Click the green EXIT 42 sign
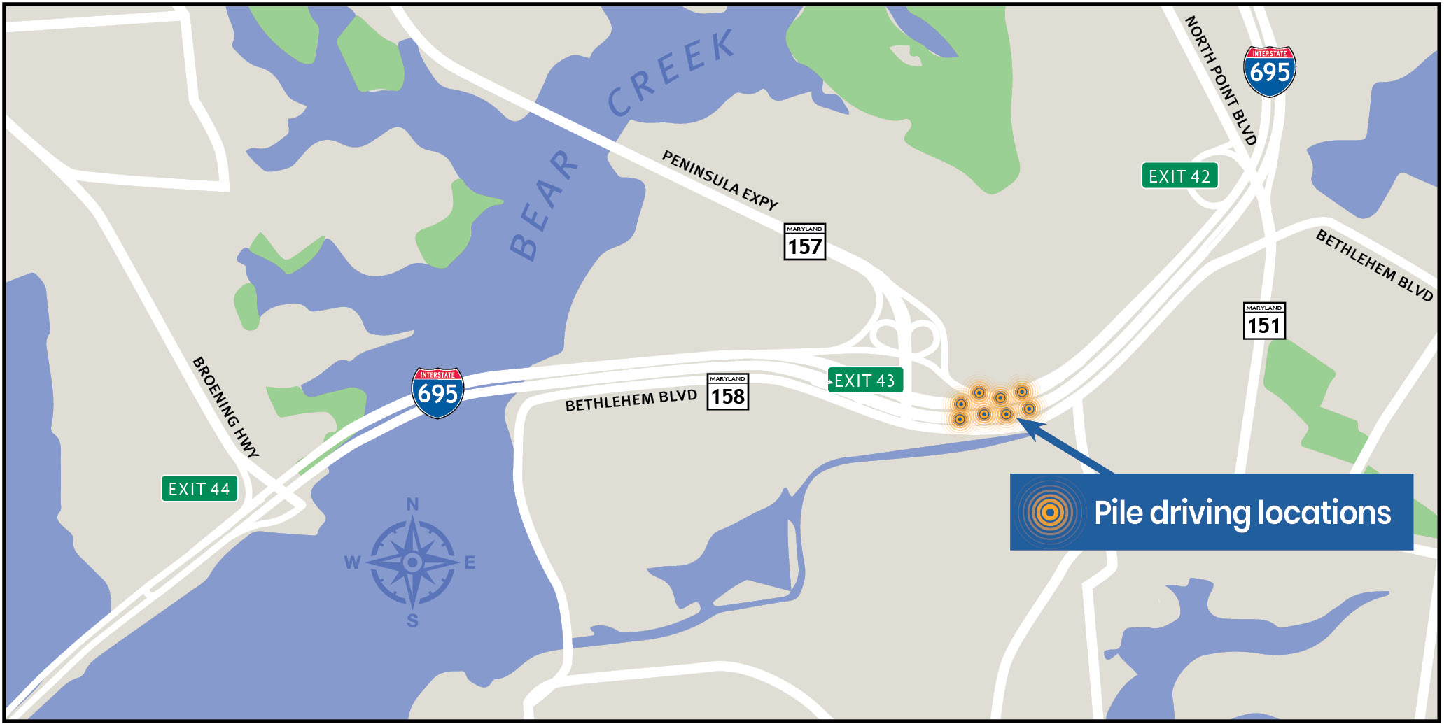pyautogui.click(x=1179, y=176)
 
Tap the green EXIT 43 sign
pyautogui.click(x=865, y=381)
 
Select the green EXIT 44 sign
pyautogui.click(x=199, y=489)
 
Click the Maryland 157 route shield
pyautogui.click(x=804, y=242)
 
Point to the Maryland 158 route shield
pyautogui.click(x=728, y=392)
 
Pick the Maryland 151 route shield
pyautogui.click(x=1263, y=321)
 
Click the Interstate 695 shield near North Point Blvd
pyautogui.click(x=1270, y=71)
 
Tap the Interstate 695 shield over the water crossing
pyautogui.click(x=437, y=392)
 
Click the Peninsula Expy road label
pyautogui.click(x=720, y=180)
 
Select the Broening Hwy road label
pyautogui.click(x=225, y=407)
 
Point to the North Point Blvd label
pyautogui.click(x=1221, y=80)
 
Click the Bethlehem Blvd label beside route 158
pyautogui.click(x=631, y=401)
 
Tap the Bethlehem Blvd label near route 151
pyautogui.click(x=1374, y=265)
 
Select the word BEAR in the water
pyautogui.click(x=544, y=206)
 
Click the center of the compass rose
pyautogui.click(x=412, y=562)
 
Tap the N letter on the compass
pyautogui.click(x=412, y=504)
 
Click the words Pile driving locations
pyautogui.click(x=1242, y=513)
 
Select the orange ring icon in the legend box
pyautogui.click(x=1049, y=513)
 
